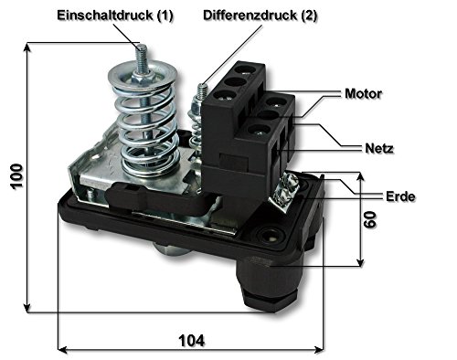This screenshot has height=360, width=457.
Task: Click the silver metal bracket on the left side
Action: click(x=87, y=178)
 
